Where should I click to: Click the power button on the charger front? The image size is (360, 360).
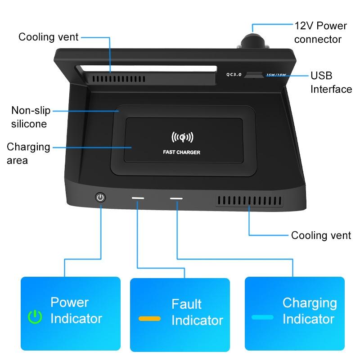tap(100, 197)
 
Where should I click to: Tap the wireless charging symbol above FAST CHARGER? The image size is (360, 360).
tap(182, 136)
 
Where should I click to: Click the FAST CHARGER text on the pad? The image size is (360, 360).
tap(181, 152)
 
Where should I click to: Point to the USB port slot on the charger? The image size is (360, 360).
tap(254, 75)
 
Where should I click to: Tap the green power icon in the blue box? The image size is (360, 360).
tap(35, 317)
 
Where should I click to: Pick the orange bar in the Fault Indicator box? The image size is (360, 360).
tap(150, 319)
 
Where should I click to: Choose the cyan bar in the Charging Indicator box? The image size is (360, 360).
tap(263, 317)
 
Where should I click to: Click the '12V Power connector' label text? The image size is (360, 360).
tap(318, 32)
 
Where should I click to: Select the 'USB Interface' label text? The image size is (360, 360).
tap(331, 82)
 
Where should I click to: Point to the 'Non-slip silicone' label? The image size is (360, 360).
tap(30, 117)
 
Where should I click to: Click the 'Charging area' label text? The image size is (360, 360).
tap(28, 153)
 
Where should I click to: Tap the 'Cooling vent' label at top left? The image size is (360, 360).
tap(49, 37)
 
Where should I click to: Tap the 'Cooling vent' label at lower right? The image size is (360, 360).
tap(321, 235)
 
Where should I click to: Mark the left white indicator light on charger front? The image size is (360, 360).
tap(138, 198)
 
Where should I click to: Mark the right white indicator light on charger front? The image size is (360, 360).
tap(176, 198)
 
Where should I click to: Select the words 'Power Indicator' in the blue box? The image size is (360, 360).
tap(76, 310)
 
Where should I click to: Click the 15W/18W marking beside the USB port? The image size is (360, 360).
tap(276, 75)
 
